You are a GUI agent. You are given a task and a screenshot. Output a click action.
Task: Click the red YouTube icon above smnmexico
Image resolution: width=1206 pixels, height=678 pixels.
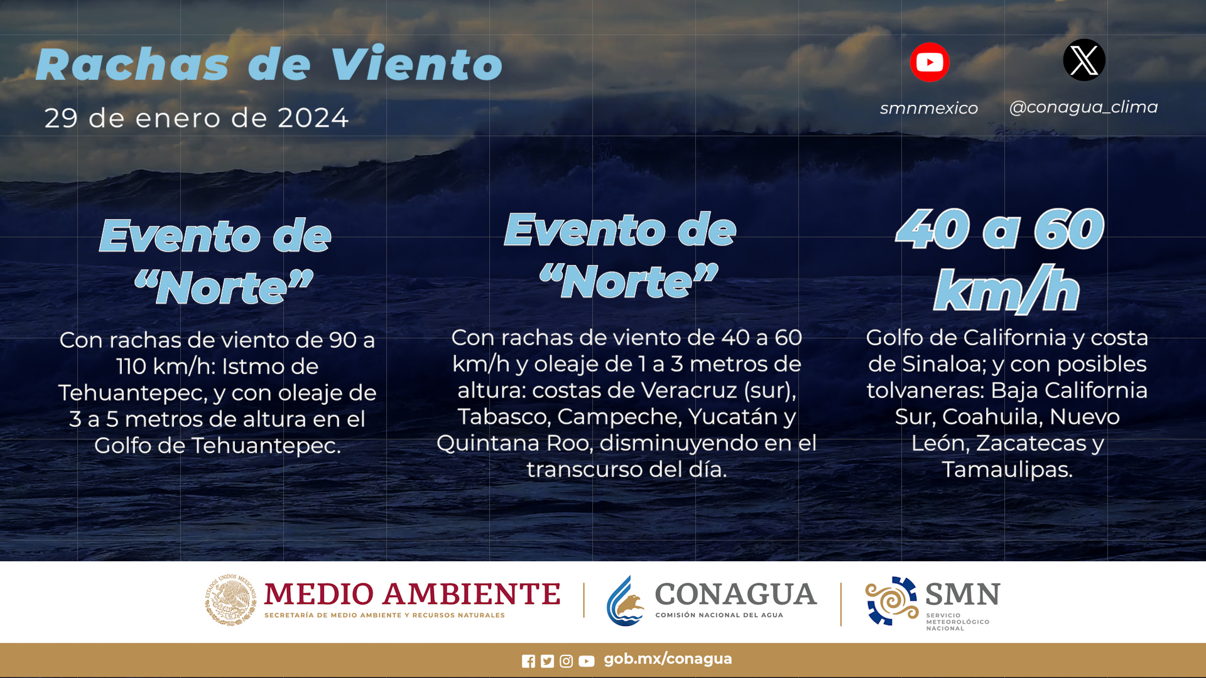point(930,62)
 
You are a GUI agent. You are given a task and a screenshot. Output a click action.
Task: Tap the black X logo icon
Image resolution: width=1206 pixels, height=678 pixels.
point(1084,60)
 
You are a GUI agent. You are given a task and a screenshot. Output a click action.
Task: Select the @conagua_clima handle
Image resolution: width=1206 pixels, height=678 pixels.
point(1084,107)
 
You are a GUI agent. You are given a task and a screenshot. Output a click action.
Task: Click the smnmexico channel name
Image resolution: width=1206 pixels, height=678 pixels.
point(929,108)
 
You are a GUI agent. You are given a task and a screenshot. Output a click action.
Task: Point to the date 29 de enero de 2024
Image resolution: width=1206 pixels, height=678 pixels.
point(197,118)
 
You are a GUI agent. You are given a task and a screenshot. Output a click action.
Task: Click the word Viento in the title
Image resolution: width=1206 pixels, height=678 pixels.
point(416,64)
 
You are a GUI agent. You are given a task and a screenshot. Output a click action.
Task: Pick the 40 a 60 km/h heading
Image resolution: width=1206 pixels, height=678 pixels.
point(1001,260)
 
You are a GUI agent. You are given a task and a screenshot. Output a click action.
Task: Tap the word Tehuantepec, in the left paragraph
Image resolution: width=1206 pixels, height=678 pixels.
point(133,393)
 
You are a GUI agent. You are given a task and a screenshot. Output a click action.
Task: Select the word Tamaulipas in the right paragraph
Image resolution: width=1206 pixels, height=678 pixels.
point(1007,470)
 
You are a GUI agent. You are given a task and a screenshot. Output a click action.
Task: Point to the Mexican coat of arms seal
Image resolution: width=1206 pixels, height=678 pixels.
point(231,600)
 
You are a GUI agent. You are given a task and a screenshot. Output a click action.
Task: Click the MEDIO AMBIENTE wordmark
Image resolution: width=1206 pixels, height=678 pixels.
point(412,594)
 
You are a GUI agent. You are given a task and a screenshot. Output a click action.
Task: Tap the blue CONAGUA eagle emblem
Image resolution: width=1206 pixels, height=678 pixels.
point(625,601)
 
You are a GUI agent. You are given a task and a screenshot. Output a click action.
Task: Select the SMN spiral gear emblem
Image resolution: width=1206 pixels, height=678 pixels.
point(891,601)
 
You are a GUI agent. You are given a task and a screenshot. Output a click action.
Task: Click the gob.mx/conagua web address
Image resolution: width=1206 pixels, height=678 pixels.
point(668,659)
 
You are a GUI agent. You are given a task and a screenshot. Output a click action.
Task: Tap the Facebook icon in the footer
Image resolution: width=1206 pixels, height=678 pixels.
point(528,661)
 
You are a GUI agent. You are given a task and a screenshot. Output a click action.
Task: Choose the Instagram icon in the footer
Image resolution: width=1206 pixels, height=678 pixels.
point(566,661)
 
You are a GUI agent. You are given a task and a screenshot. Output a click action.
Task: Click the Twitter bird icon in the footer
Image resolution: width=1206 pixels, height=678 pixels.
point(547,661)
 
